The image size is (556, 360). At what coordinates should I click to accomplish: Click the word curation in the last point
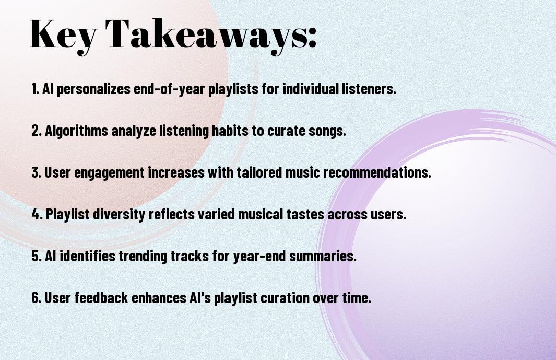[285, 298]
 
